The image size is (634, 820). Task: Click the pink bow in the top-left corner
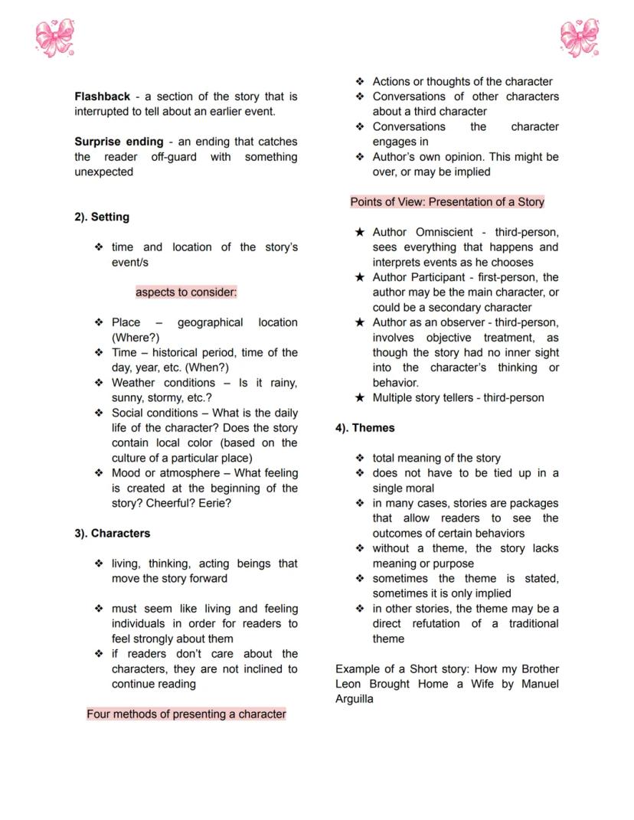[54, 38]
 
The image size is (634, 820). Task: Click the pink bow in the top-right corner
[579, 38]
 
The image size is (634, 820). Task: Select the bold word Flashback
[102, 96]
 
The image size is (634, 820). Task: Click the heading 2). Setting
[102, 217]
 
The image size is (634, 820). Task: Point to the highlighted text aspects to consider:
[186, 292]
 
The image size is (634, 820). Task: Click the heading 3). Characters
[113, 533]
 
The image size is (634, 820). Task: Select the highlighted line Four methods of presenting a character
[186, 714]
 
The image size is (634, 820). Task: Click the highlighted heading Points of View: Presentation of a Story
[447, 202]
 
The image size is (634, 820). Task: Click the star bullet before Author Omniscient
[359, 232]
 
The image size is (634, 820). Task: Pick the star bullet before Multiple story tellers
[359, 398]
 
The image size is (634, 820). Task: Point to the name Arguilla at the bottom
[355, 699]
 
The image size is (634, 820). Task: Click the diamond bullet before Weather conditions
[99, 383]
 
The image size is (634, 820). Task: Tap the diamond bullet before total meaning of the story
[360, 458]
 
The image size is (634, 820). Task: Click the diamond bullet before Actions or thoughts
[360, 81]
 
